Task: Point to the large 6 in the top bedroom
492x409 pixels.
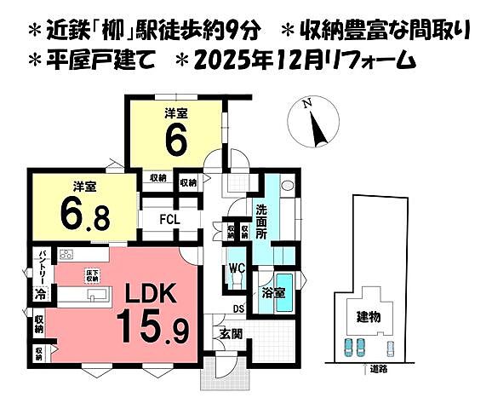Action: click(175, 141)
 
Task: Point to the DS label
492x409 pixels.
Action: click(241, 308)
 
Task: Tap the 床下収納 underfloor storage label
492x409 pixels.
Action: click(91, 274)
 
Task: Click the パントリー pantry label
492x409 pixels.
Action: click(40, 266)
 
